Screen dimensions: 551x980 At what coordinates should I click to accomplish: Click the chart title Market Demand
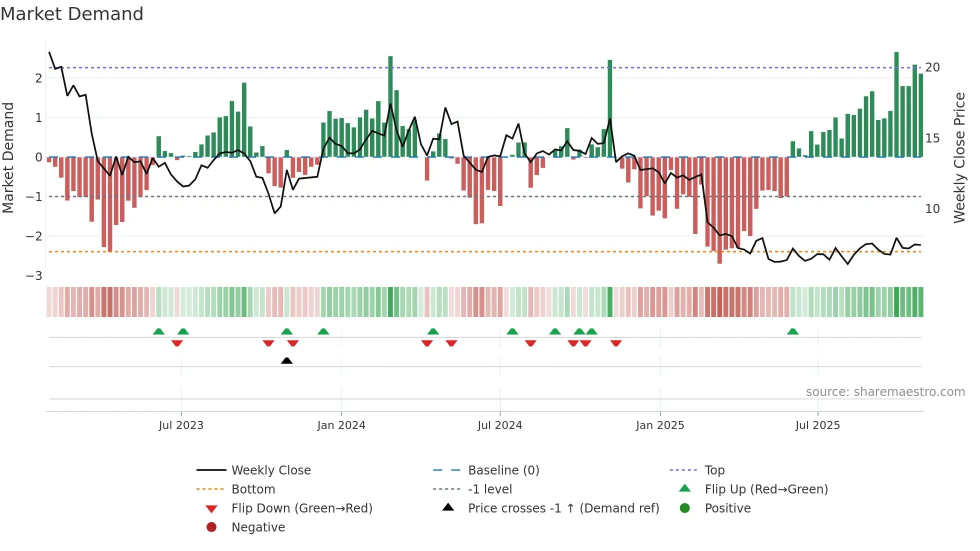point(72,14)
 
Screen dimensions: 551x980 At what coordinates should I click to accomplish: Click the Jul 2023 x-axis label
point(181,425)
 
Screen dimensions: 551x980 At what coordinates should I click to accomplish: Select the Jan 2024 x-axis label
point(341,425)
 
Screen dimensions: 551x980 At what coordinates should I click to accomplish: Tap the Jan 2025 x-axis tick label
point(659,425)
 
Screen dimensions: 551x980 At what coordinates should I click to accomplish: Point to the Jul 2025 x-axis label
point(817,425)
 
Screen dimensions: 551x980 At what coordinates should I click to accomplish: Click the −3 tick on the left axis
point(34,276)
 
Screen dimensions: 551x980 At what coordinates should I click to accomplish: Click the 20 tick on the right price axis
point(932,67)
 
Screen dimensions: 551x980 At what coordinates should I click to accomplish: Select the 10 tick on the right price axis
point(932,209)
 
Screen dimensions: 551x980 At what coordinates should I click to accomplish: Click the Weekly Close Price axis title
point(959,157)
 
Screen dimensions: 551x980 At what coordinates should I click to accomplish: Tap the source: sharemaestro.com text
point(885,392)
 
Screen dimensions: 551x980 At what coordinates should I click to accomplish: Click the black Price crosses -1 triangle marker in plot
point(286,360)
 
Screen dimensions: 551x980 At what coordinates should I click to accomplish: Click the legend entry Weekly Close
point(270,470)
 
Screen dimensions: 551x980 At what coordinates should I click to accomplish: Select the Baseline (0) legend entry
point(503,470)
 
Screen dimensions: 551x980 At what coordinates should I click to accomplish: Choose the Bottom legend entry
point(253,489)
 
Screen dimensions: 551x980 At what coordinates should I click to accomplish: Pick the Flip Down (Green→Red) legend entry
point(301,508)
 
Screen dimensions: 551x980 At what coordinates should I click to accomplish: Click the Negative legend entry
point(258,527)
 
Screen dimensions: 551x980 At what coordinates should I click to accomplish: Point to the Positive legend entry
point(727,508)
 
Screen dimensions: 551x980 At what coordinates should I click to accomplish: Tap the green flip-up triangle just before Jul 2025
point(792,331)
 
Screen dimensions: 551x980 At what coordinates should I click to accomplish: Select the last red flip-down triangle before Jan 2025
point(616,343)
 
